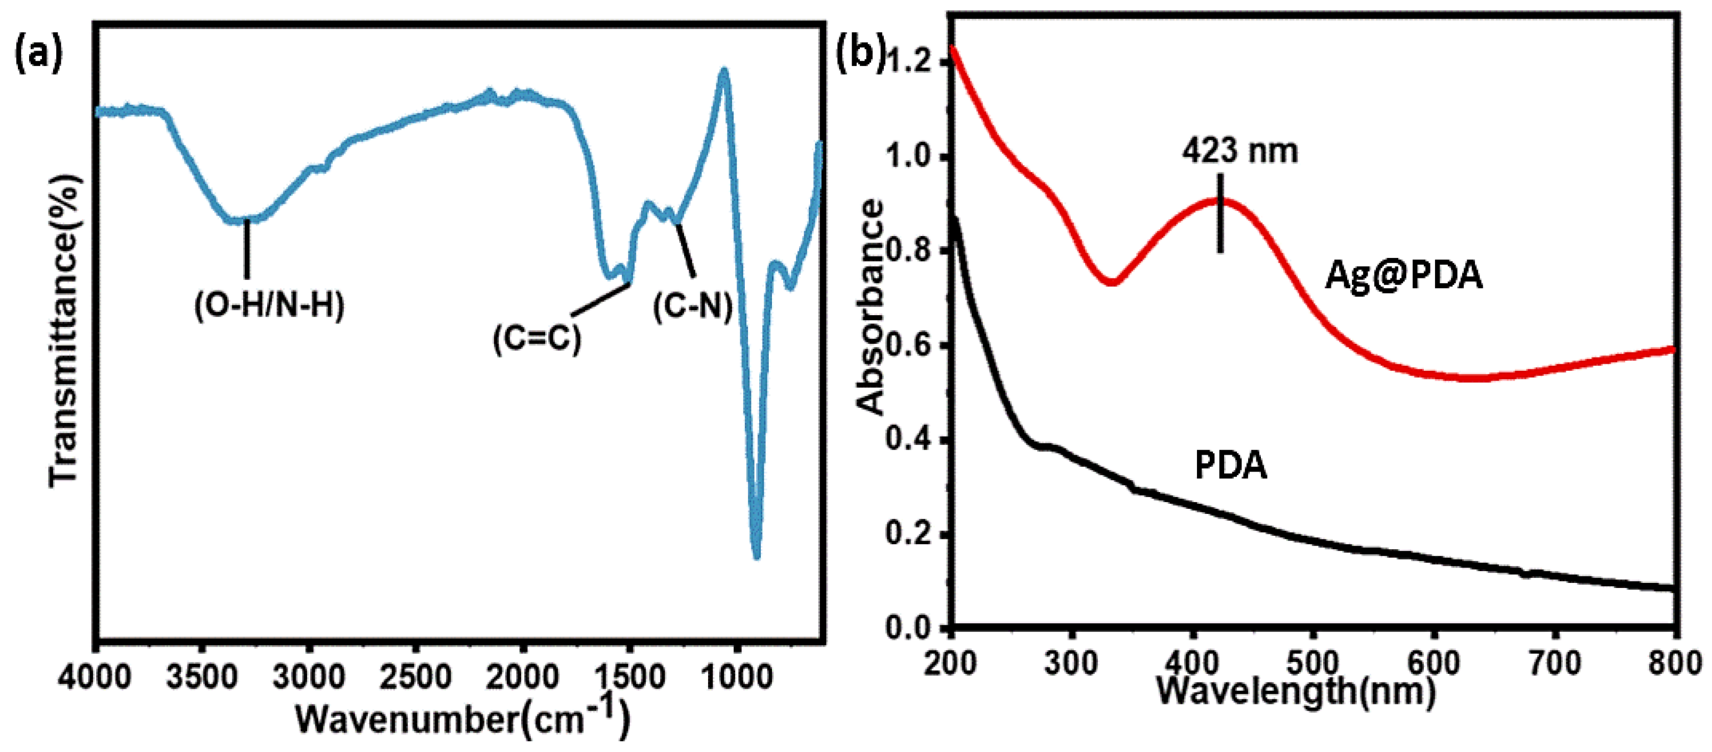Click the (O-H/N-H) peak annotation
[x=269, y=306]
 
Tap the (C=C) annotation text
[x=537, y=339]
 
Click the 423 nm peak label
[x=1239, y=151]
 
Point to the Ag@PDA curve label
[x=1403, y=275]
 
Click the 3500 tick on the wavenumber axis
[x=202, y=677]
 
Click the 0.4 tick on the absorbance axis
[x=908, y=440]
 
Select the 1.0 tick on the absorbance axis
[x=908, y=157]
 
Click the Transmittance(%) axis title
[x=64, y=330]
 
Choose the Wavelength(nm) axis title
[x=1296, y=691]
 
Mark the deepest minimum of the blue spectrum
[x=756, y=557]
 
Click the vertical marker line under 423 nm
[x=1220, y=213]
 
